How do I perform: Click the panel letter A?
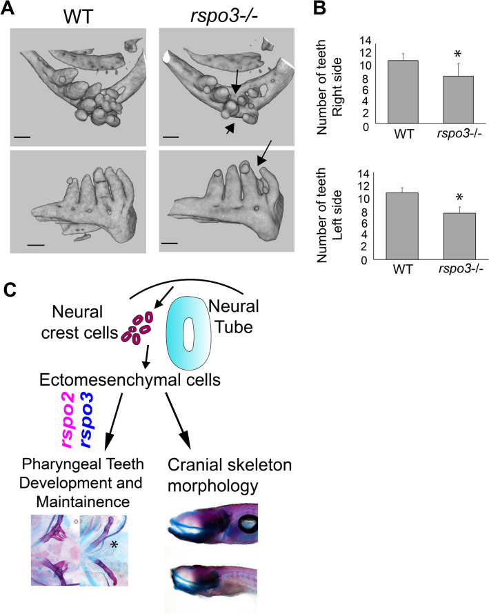(x=11, y=11)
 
